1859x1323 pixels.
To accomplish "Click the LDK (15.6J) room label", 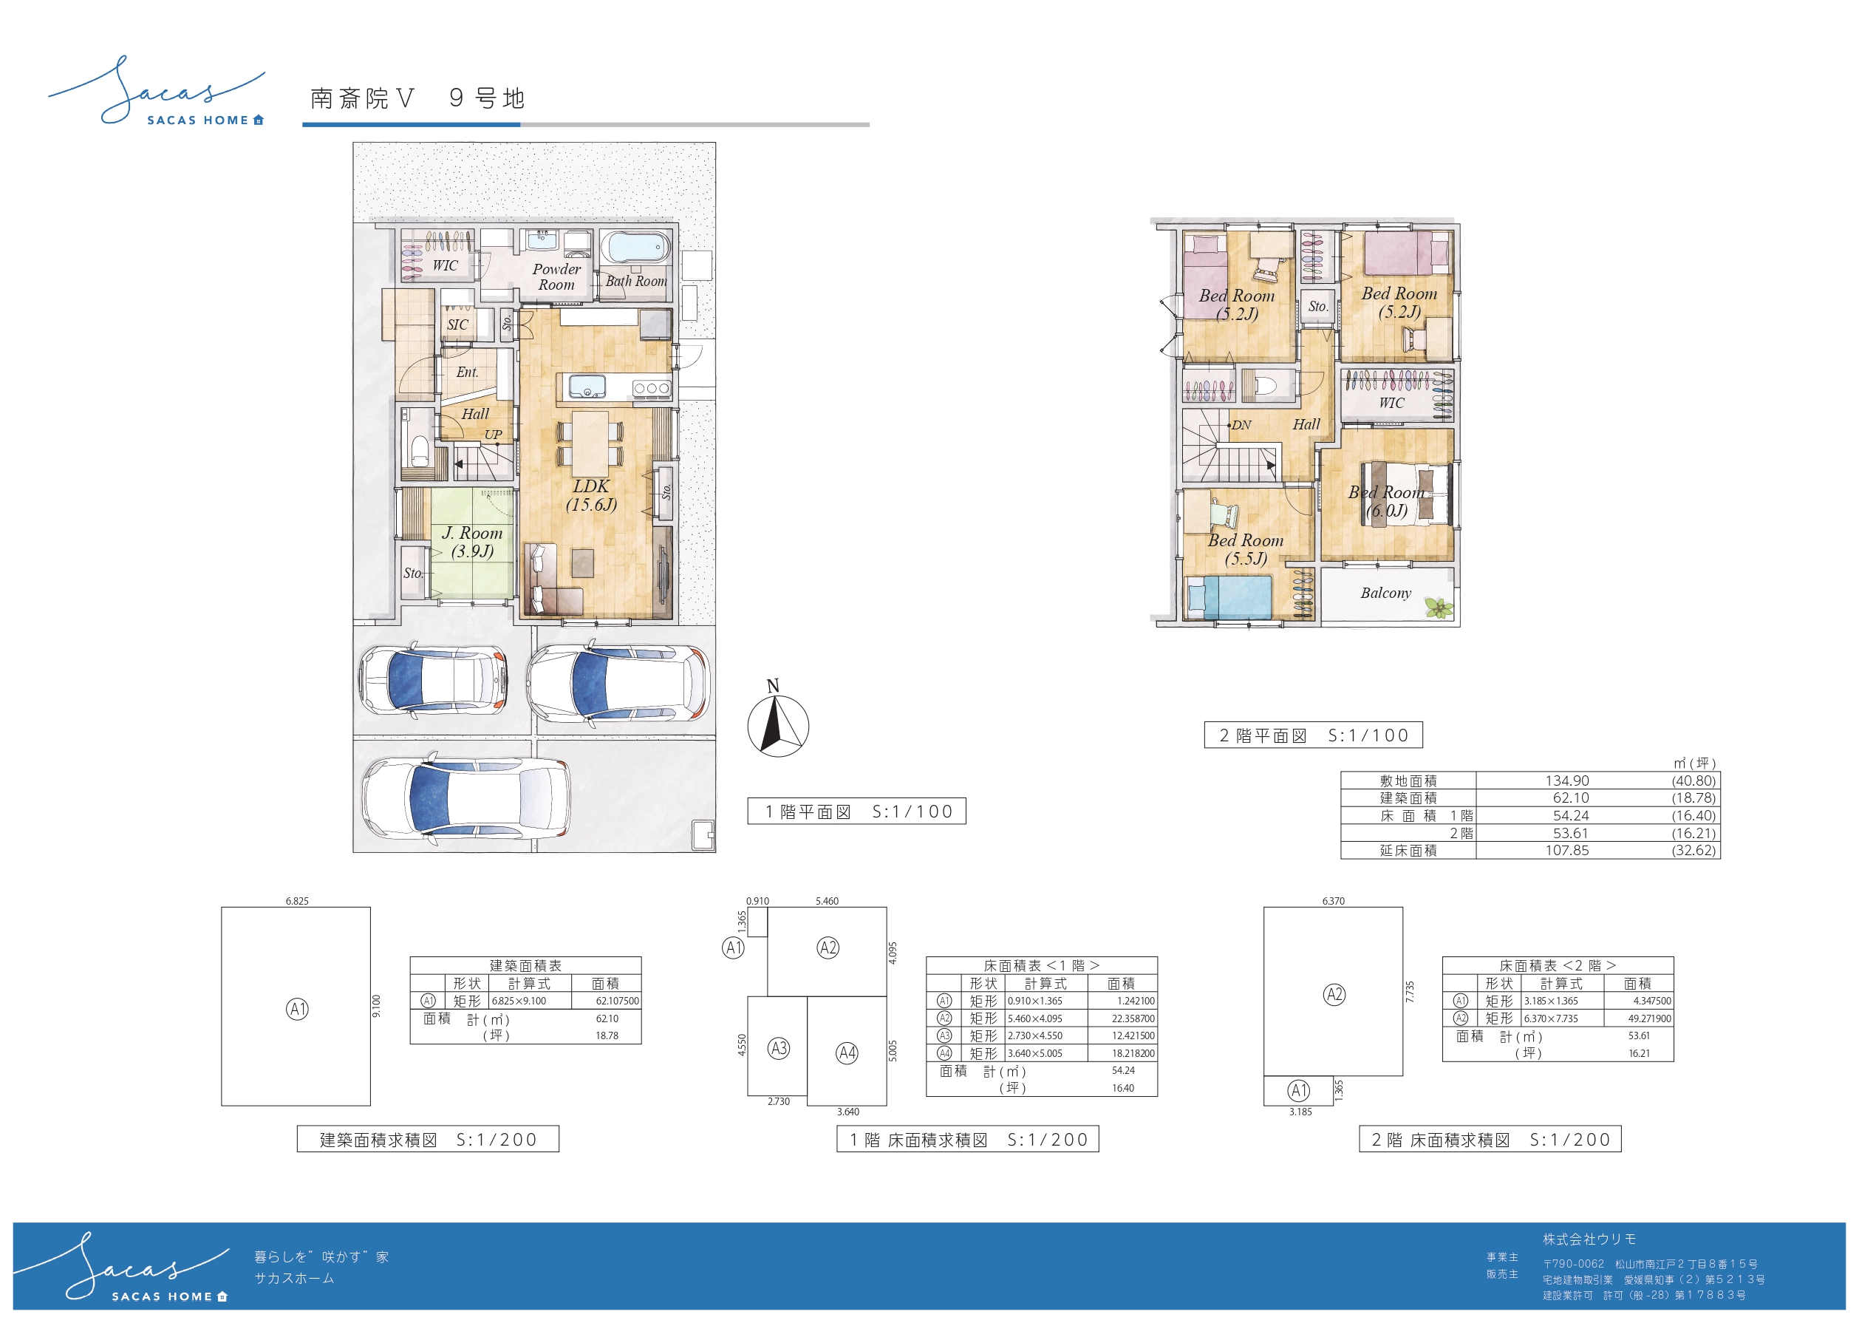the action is (591, 495).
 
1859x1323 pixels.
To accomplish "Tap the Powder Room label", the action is (557, 277).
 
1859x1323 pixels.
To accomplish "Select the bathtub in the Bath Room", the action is (636, 248).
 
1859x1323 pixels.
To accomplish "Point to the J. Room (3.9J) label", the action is (472, 542).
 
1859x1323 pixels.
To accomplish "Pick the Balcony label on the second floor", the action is (1385, 593).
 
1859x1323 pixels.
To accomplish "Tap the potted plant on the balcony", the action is (1439, 607).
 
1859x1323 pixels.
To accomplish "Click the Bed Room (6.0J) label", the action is (1386, 501).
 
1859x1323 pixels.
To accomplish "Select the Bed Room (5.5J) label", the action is (1245, 549).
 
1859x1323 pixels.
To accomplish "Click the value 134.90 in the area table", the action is (1566, 780).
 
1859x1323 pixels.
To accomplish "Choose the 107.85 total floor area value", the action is (1566, 851).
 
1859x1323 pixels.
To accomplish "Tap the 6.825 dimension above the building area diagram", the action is (297, 901).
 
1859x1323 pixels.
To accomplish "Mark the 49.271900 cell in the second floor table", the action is (1649, 1019).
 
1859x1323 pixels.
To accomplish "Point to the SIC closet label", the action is (457, 324).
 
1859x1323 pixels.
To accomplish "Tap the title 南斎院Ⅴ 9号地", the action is (417, 98).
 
